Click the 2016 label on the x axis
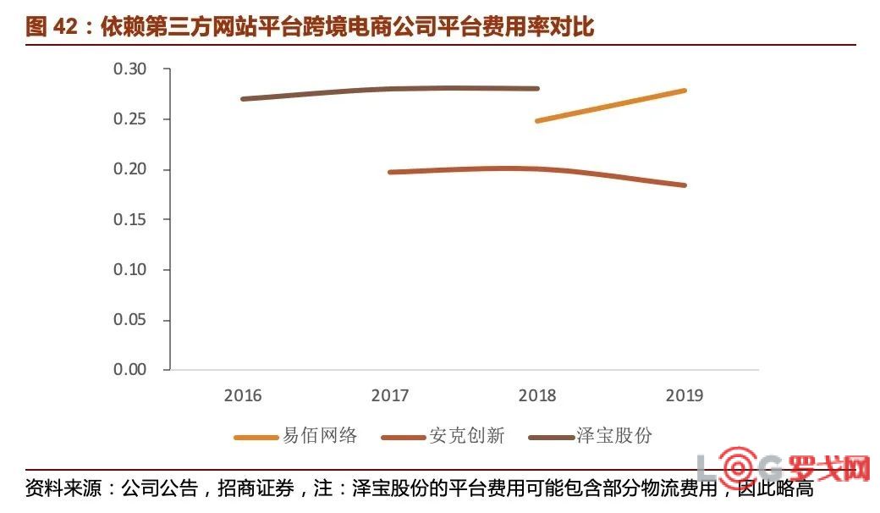pyautogui.click(x=243, y=395)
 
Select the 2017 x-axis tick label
pyautogui.click(x=390, y=395)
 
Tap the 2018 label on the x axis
pyautogui.click(x=537, y=395)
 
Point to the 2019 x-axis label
pyautogui.click(x=685, y=395)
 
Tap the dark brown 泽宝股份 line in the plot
pyautogui.click(x=390, y=89)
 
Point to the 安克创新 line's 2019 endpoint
pyautogui.click(x=684, y=185)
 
